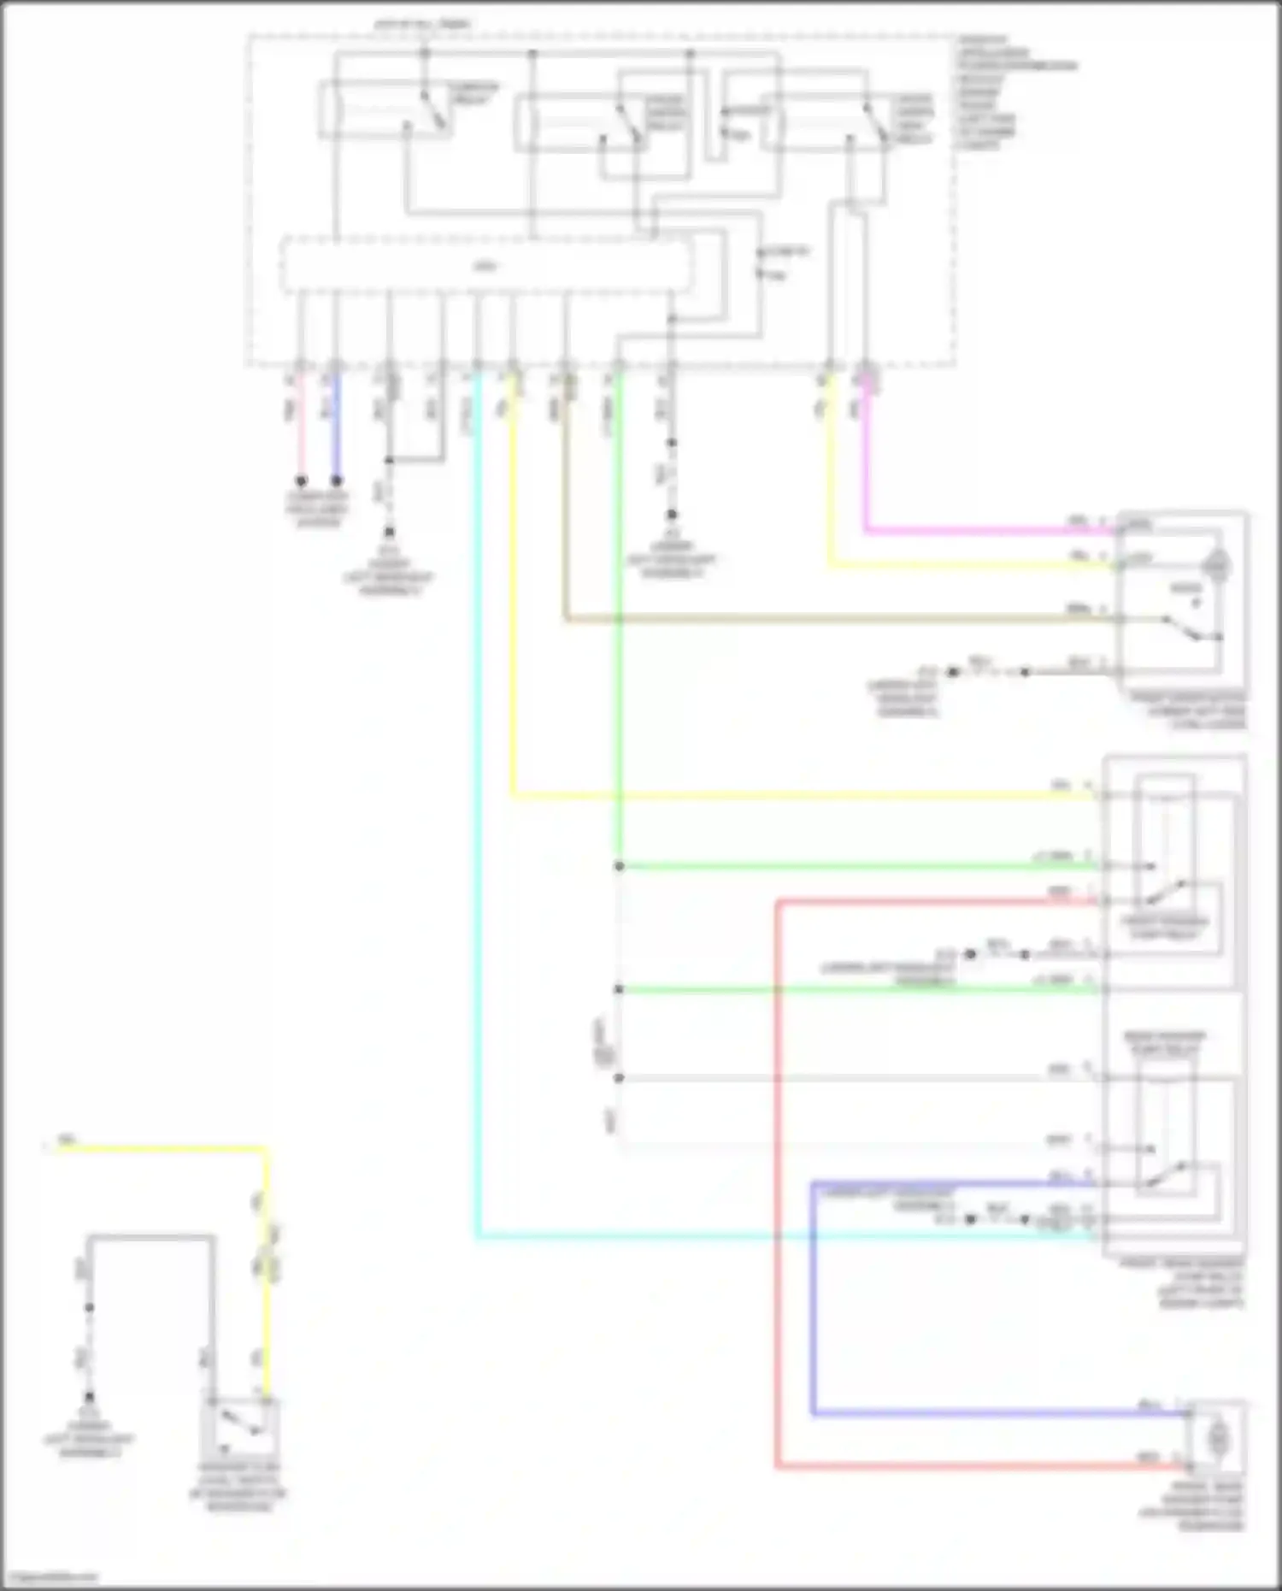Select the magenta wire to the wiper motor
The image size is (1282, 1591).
pyautogui.click(x=983, y=531)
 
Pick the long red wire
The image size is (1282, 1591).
pyautogui.click(x=778, y=1197)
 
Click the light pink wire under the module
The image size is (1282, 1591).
pyautogui.click(x=301, y=427)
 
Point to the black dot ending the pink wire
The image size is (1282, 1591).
pyautogui.click(x=301, y=481)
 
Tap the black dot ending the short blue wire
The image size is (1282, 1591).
pyautogui.click(x=337, y=481)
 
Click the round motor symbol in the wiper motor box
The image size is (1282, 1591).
pyautogui.click(x=1217, y=565)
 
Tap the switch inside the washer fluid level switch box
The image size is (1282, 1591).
pyautogui.click(x=239, y=1423)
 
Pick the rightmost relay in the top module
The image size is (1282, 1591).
pyautogui.click(x=825, y=122)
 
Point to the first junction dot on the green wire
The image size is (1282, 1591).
pyautogui.click(x=619, y=866)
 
